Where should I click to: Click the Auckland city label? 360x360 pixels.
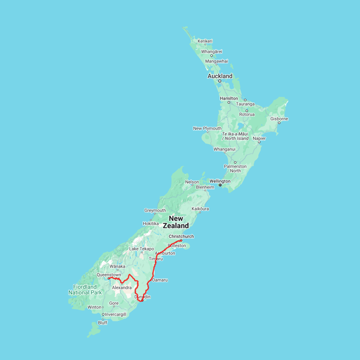[x=220, y=76]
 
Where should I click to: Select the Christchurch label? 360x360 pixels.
[x=181, y=236]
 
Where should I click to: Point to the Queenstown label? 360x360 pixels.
[x=109, y=275]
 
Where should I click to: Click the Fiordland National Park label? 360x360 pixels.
[x=85, y=290]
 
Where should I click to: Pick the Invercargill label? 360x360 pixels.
[x=115, y=314]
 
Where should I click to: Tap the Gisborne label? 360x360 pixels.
[x=279, y=119]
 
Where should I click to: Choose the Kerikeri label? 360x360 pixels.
[x=205, y=41]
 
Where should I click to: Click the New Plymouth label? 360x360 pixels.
[x=207, y=128]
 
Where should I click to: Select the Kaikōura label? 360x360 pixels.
[x=200, y=209]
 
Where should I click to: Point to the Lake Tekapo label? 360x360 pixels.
[x=142, y=249]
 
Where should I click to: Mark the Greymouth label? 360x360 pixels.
[x=155, y=210]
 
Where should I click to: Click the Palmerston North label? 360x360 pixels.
[x=235, y=168]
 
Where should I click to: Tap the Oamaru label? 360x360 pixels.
[x=160, y=280]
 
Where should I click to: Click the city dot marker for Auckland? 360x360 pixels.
[x=220, y=81]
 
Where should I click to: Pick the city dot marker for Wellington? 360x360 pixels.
[x=220, y=185]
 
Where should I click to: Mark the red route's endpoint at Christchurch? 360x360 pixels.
[x=181, y=240]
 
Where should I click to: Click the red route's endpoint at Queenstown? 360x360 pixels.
[x=109, y=278]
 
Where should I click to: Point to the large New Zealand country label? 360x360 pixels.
[x=176, y=222]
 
